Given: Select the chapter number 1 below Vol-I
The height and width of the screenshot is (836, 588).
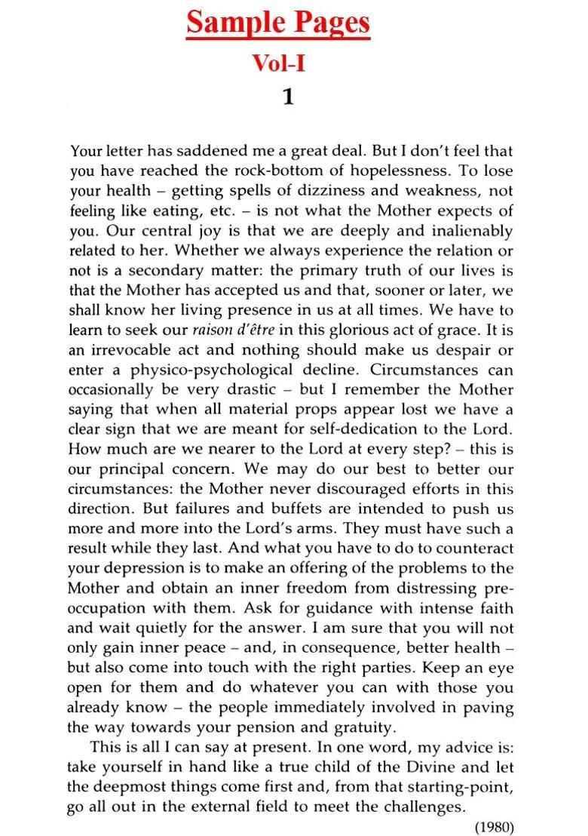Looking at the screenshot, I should pyautogui.click(x=287, y=97).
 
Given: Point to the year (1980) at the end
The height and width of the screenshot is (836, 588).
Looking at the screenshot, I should pyautogui.click(x=494, y=826).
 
